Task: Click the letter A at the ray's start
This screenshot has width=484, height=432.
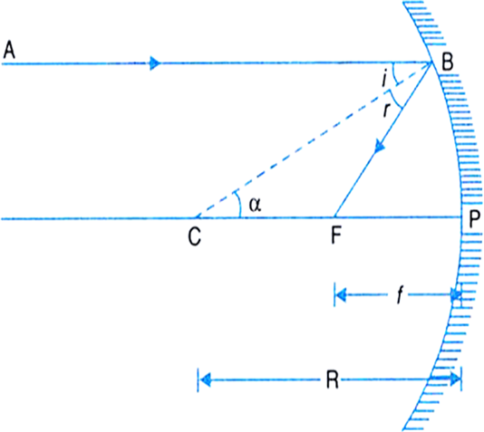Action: click(x=9, y=50)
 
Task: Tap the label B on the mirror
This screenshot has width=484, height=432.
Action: click(x=448, y=62)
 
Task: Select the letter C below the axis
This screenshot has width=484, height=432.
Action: click(x=195, y=236)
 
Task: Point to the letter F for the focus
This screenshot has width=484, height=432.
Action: click(x=336, y=235)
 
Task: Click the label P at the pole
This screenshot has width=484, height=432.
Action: click(x=474, y=219)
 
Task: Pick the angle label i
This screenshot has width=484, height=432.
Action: click(x=384, y=78)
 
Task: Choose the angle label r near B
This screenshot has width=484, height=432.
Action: click(x=386, y=110)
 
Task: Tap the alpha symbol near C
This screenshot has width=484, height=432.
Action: click(x=256, y=204)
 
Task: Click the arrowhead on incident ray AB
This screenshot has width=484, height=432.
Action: click(x=155, y=63)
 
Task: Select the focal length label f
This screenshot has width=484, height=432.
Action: click(x=400, y=294)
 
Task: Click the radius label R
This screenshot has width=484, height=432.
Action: click(x=332, y=379)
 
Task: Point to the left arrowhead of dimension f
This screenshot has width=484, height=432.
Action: click(x=341, y=295)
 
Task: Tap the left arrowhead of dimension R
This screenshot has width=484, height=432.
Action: click(x=205, y=379)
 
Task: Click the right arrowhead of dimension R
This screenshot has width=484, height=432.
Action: click(x=455, y=379)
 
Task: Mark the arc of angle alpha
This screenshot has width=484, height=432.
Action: click(x=239, y=204)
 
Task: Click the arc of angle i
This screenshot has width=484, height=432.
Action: click(x=395, y=74)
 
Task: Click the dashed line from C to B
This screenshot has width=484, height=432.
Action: click(x=313, y=140)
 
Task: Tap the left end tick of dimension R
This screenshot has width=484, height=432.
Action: click(x=198, y=379)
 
